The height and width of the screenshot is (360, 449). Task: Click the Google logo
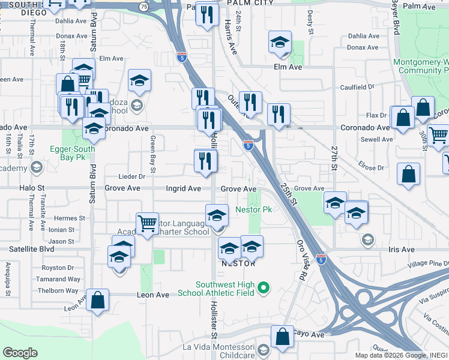coord(20,353)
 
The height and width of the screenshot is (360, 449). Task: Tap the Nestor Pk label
coord(254,210)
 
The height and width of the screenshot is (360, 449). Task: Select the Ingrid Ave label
coord(183,188)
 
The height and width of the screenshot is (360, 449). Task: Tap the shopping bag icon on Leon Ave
coord(98,301)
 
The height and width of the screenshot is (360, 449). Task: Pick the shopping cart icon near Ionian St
coord(147,224)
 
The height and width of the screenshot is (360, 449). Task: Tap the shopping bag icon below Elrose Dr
coord(408,175)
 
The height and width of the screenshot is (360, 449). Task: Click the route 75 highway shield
coord(143,5)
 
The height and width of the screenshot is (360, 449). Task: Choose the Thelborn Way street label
coord(57,290)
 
